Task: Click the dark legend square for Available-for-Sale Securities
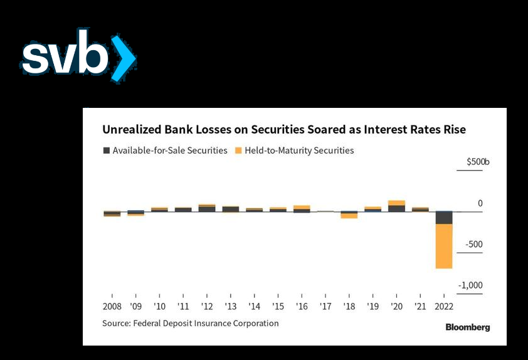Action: pos(107,151)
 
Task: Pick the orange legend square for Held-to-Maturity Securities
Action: pos(238,151)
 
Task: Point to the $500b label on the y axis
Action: pos(478,162)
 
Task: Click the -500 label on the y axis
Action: pos(474,244)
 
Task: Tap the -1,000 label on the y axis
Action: pos(470,285)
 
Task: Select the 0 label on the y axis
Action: pos(480,203)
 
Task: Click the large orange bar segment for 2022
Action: pos(444,246)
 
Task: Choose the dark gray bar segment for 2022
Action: pos(444,218)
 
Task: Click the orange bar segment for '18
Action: pos(349,216)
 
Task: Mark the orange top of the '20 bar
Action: pos(397,203)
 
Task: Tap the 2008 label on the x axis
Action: pos(112,307)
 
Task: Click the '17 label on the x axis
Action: pos(325,307)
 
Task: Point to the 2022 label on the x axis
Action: pos(444,307)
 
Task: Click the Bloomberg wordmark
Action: pos(468,327)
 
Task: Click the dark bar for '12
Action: pos(207,209)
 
